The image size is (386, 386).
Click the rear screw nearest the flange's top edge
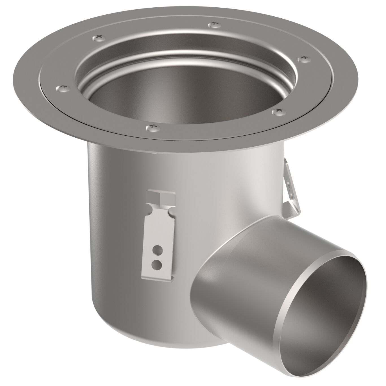[x=215, y=25]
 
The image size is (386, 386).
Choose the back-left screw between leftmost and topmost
[x=98, y=37]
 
